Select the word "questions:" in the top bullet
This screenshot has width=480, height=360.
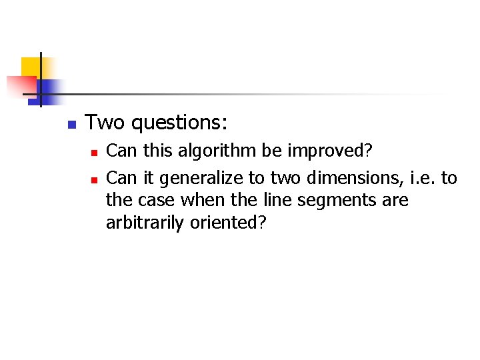pyautogui.click(x=179, y=123)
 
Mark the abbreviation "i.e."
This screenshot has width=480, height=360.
pyautogui.click(x=416, y=177)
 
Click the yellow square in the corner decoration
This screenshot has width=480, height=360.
pyautogui.click(x=31, y=67)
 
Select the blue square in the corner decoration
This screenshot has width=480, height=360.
pyautogui.click(x=49, y=89)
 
